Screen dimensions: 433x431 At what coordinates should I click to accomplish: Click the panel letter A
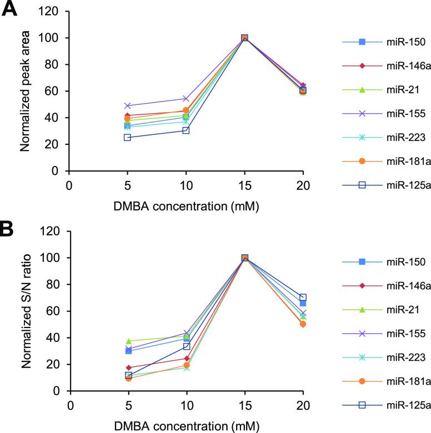(x=11, y=10)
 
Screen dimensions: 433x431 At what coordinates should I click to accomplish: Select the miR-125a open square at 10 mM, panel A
(x=186, y=130)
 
